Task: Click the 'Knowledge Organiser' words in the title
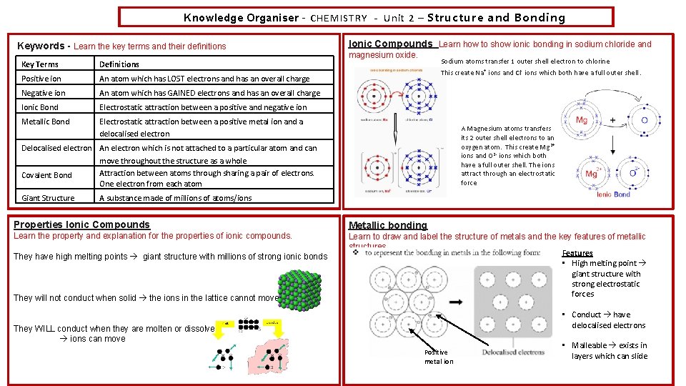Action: tap(240, 18)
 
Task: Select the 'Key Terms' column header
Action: tap(40, 64)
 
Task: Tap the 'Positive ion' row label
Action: tap(41, 79)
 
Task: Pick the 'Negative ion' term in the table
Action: tap(44, 93)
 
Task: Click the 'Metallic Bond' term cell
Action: tap(46, 122)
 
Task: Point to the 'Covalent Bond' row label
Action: tap(46, 175)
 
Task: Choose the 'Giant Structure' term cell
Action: tap(48, 198)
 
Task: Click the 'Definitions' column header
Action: tap(119, 64)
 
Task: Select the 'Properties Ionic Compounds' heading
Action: tap(82, 224)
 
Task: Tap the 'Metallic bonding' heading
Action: tap(387, 225)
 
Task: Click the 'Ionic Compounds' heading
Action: tap(389, 44)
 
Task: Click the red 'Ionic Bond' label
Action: tap(613, 194)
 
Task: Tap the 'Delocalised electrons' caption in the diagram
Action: tap(513, 352)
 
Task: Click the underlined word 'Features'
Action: tap(577, 253)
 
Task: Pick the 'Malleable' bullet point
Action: tap(590, 345)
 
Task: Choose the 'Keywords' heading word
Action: tap(40, 46)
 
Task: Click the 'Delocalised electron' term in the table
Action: tap(56, 148)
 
